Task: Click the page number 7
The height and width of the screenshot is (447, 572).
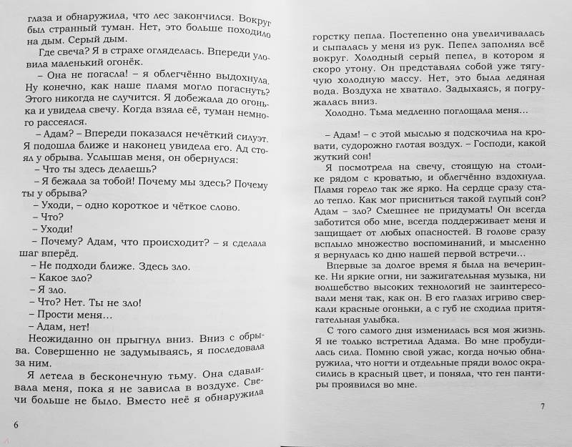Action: [543, 407]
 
